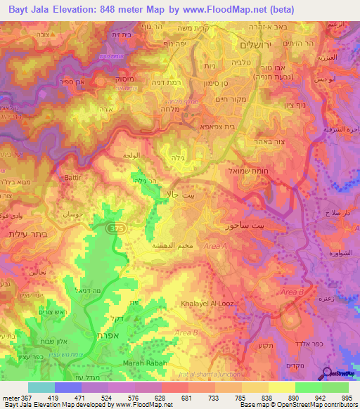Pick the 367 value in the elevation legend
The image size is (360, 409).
click(30, 398)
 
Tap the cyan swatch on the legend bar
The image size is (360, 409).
click(41, 387)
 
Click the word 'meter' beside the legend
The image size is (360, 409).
click(12, 398)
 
